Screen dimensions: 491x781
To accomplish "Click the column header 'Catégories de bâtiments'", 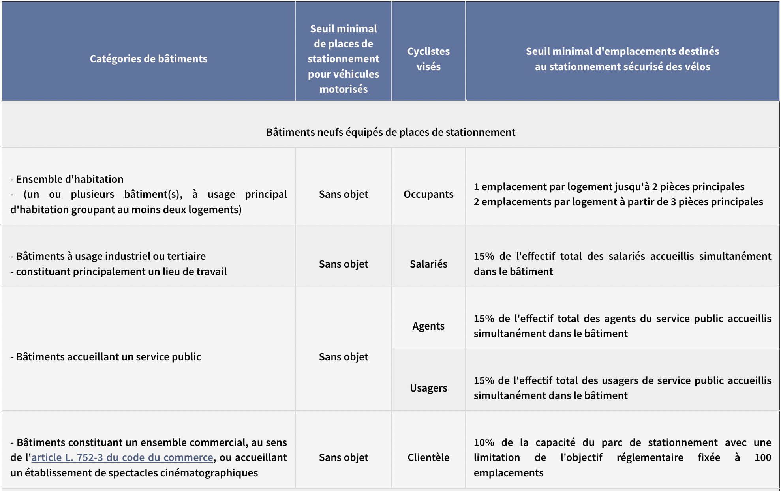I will point(148,59).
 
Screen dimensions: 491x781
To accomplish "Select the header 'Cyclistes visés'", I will point(428,59).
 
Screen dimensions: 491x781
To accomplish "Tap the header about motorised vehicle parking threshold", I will point(344,59).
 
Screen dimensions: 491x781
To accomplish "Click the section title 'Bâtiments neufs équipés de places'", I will point(390,132).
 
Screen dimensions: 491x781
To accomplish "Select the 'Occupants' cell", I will point(428,194).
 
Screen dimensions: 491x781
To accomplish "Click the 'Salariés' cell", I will point(428,264).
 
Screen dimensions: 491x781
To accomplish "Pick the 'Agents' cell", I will point(428,326).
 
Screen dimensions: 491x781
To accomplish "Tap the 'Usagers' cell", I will point(428,388).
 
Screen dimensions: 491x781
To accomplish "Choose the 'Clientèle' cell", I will point(428,457).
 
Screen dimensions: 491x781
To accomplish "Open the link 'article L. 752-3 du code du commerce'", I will point(122,457).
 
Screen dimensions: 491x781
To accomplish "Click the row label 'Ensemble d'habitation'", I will point(69,179).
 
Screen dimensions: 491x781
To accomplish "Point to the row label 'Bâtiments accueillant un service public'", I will point(109,357).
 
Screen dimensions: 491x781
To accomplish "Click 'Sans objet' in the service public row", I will point(344,357).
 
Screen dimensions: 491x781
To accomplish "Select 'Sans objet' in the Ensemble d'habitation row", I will point(344,194).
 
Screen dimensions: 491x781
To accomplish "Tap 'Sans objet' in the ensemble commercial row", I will point(344,457).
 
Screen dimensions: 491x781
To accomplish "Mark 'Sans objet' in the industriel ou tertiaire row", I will point(344,264).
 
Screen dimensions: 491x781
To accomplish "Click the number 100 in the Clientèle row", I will point(762,457).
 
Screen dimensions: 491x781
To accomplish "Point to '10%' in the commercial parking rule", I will point(484,442).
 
